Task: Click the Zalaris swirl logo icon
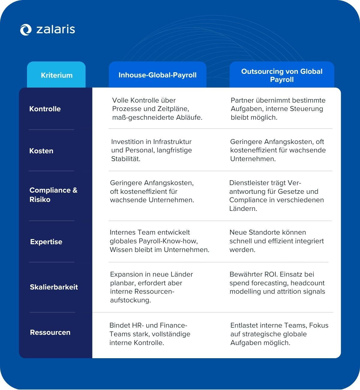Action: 26,30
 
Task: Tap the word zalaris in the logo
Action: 55,29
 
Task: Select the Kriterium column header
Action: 57,75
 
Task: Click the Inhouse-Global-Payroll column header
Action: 157,75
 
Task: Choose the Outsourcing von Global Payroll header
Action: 282,75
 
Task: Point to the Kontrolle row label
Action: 45,109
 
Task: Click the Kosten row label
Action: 41,151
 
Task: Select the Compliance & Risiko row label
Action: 53,195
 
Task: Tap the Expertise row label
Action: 46,242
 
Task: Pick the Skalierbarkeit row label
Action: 54,287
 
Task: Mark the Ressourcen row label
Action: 50,332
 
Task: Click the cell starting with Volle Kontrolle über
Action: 157,109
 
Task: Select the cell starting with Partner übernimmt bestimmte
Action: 278,109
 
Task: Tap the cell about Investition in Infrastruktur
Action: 151,150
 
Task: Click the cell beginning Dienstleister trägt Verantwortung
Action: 276,196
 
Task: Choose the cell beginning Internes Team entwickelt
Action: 160,241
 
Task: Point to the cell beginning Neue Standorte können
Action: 277,241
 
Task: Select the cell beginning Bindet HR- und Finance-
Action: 150,334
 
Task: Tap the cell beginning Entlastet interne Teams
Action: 279,334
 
